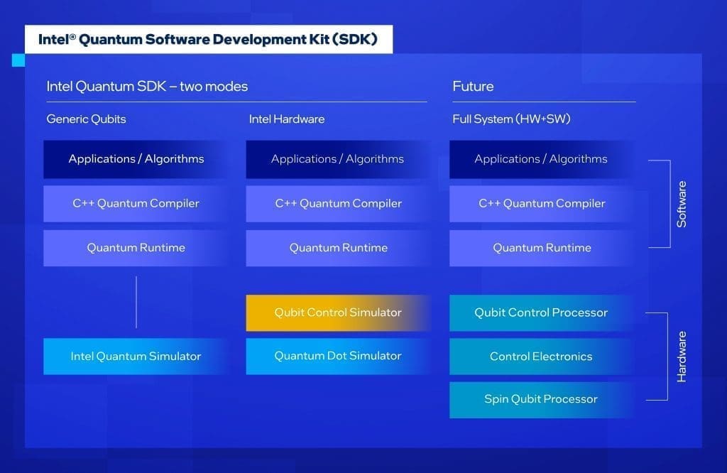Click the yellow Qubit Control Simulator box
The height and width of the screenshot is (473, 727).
point(338,312)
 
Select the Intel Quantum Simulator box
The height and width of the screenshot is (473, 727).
point(136,357)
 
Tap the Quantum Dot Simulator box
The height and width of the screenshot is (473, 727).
point(338,357)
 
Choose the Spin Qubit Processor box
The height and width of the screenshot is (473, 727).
point(541,400)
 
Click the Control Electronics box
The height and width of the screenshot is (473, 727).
point(541,357)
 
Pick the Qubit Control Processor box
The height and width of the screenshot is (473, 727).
point(541,312)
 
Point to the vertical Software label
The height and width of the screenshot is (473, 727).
point(682,204)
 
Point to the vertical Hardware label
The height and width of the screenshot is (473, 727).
point(682,357)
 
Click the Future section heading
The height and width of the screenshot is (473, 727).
point(473,87)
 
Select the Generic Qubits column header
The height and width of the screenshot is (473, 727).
point(86,119)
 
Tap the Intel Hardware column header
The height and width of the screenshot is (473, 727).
point(287,119)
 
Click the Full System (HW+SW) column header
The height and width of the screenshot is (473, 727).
point(511,119)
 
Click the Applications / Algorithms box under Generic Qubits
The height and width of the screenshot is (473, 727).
point(136,159)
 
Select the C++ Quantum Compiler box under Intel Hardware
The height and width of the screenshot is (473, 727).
point(338,204)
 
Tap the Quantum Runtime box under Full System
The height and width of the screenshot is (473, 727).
point(541,248)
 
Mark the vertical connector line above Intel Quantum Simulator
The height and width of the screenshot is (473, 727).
point(136,302)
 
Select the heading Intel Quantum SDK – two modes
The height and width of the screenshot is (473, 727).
point(147,87)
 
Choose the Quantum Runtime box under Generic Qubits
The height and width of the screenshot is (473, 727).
point(136,248)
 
